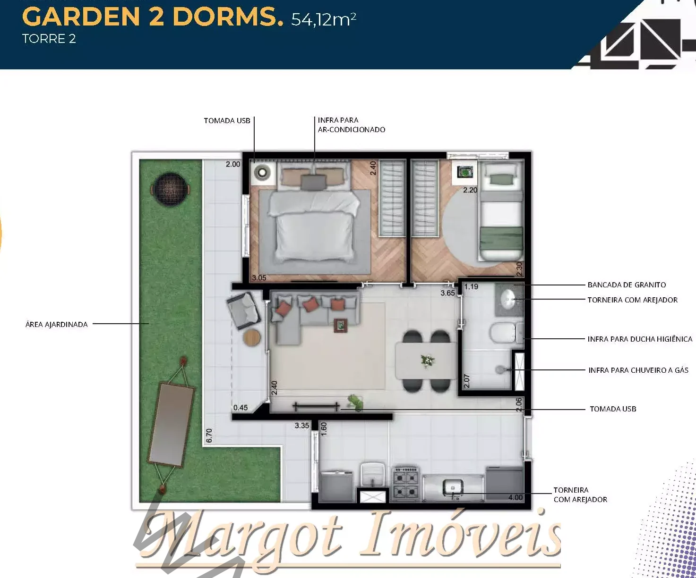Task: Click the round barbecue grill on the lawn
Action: (171, 189)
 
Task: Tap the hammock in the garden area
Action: (172, 425)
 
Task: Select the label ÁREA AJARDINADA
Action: (56, 324)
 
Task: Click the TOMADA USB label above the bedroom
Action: (227, 120)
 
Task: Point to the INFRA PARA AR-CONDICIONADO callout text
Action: (352, 125)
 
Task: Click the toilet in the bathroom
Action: (505, 333)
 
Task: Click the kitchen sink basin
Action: (453, 488)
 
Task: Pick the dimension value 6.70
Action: (209, 436)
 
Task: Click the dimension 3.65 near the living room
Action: (447, 293)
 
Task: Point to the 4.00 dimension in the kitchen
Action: (516, 497)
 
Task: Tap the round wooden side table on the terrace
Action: (252, 338)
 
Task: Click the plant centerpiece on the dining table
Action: (427, 361)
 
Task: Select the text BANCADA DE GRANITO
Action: (627, 285)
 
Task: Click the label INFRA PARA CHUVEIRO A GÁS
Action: (638, 370)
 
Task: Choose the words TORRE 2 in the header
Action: (49, 39)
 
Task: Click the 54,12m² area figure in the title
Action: (324, 19)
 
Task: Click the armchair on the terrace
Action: (243, 310)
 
